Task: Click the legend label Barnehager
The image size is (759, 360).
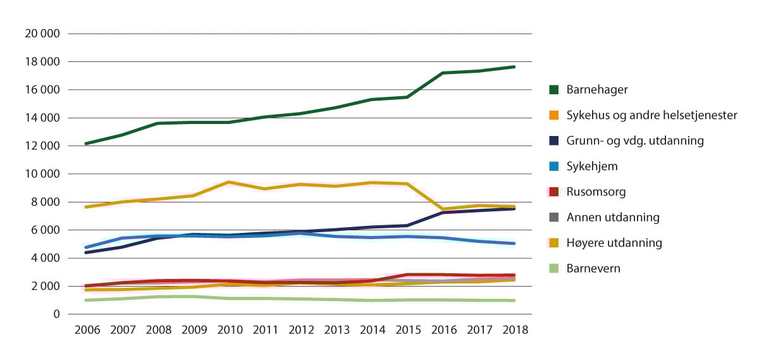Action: (598, 90)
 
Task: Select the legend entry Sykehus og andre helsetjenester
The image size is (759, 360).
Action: (651, 115)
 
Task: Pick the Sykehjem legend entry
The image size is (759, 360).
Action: (591, 166)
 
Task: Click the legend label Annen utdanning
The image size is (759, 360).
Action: (613, 217)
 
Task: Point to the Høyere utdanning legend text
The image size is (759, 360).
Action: (614, 242)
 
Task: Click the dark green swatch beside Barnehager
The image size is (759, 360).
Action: (554, 90)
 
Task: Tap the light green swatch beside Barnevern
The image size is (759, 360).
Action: (554, 268)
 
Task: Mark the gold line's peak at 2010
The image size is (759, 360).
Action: (228, 182)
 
